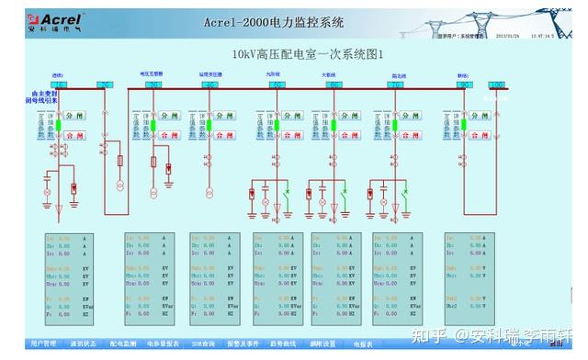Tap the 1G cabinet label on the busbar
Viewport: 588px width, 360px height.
[59, 84]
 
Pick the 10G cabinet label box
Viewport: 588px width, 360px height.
[496, 84]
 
